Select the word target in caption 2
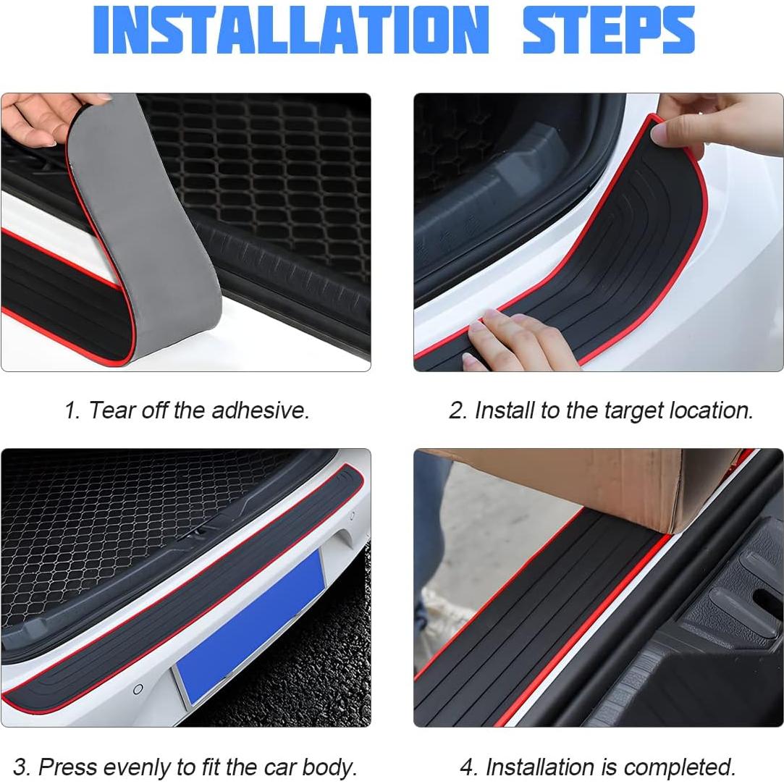(629, 410)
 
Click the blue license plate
(250, 626)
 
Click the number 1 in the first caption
(70, 410)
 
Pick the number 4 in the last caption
(467, 767)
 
